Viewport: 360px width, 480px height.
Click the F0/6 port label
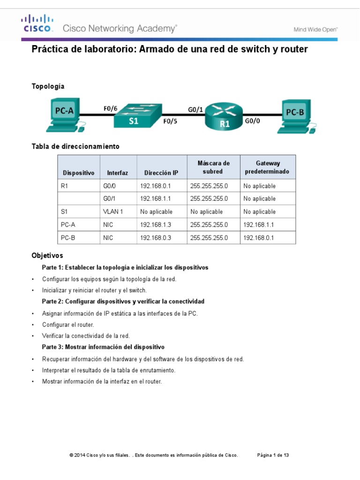[x=110, y=109]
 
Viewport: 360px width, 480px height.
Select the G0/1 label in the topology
[x=195, y=110]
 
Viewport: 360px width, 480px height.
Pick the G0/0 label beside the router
[x=253, y=121]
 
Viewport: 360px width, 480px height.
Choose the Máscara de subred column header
[x=213, y=167]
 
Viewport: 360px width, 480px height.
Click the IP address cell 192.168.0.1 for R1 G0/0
[x=156, y=186]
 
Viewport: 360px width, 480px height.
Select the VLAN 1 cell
[x=113, y=212]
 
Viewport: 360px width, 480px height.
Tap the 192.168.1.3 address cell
[x=156, y=225]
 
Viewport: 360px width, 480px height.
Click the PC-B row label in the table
[x=68, y=238]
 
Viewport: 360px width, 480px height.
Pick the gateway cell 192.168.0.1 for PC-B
[x=258, y=238]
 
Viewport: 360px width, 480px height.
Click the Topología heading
[x=48, y=86]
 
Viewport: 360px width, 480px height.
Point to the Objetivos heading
[x=47, y=256]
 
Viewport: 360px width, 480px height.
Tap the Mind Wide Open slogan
[x=315, y=29]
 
